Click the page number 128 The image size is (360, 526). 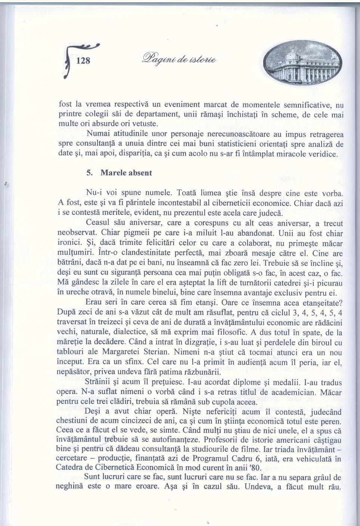pos(83,61)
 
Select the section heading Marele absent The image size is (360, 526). pos(126,173)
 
